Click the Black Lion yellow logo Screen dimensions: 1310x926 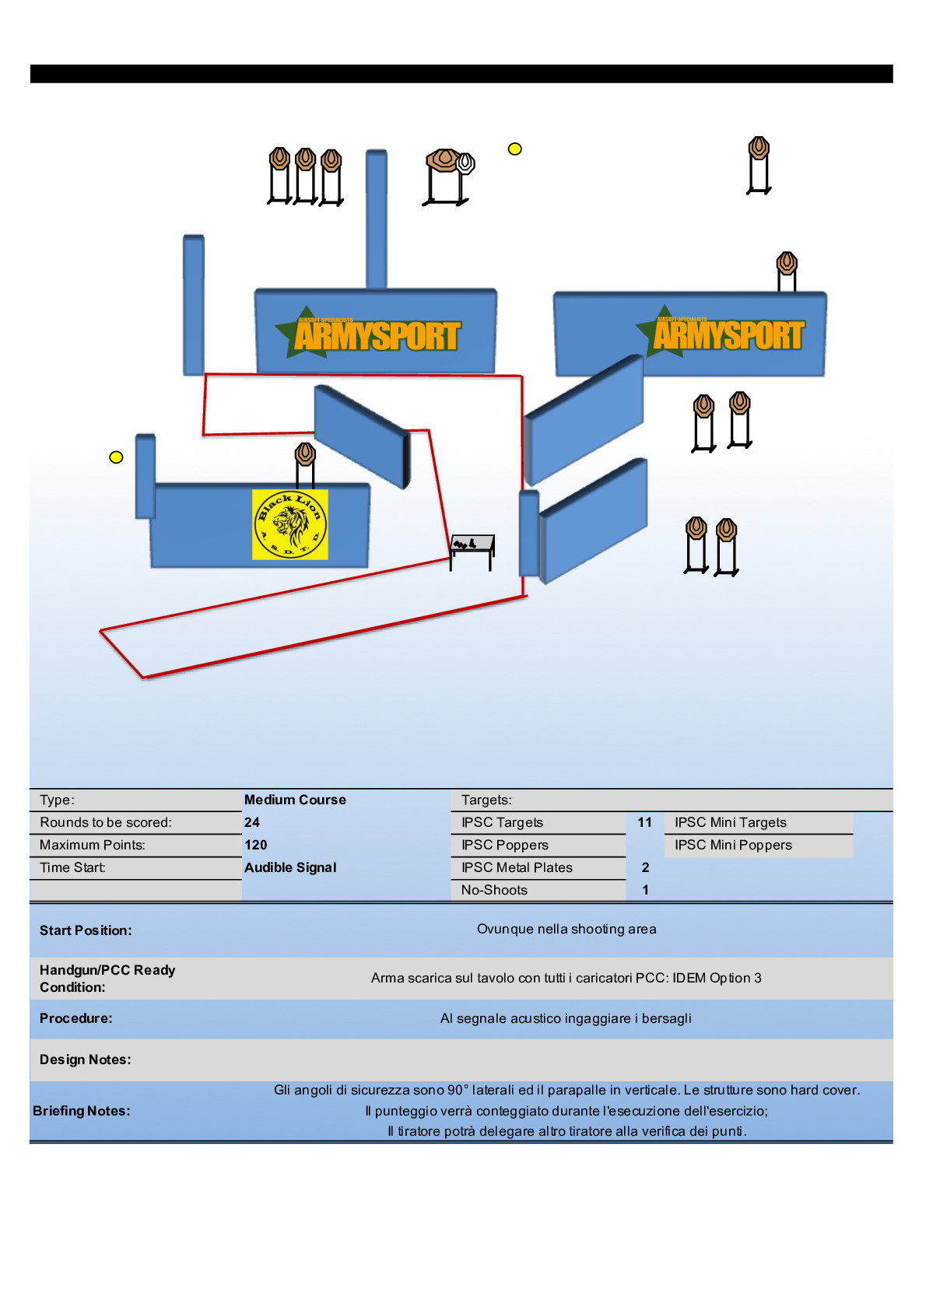[x=289, y=524]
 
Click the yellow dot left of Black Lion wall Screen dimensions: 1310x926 [x=116, y=457]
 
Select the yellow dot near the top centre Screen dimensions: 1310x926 [x=514, y=149]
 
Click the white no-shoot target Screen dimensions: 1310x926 [x=465, y=163]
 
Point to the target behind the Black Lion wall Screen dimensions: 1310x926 [x=305, y=454]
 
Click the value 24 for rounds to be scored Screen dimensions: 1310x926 [x=252, y=822]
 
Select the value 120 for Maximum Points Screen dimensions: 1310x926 [x=255, y=845]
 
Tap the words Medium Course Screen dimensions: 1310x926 [x=295, y=800]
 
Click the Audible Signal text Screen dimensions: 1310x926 [x=290, y=867]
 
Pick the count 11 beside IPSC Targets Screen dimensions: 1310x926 [x=644, y=822]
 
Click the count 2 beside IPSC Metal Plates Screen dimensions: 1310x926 [x=645, y=867]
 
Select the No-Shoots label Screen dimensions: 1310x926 [x=494, y=890]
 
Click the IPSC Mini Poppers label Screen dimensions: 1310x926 [x=733, y=845]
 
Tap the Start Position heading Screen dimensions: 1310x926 [x=86, y=930]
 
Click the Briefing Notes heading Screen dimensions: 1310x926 [x=82, y=1111]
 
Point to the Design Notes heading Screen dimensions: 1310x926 [x=86, y=1060]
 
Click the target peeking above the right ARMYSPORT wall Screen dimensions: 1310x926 [x=787, y=264]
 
